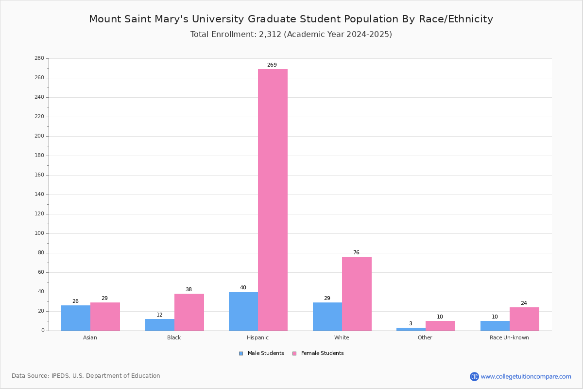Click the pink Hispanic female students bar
pos(273,200)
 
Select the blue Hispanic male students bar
pos(243,311)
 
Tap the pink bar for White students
pos(357,294)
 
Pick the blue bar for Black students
pos(160,325)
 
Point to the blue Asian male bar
pos(76,318)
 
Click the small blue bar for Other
pos(411,329)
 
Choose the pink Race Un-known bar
pos(524,319)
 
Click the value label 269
pos(272,65)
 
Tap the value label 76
pos(356,252)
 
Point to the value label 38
pos(189,289)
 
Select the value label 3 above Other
pos(411,323)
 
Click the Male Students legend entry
pos(261,354)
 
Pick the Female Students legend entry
pos(318,354)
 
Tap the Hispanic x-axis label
pos(257,337)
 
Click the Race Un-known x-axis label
pos(509,337)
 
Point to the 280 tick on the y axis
pos(39,58)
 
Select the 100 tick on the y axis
pos(39,233)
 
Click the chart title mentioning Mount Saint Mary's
pos(291,19)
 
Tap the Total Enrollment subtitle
pos(291,35)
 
